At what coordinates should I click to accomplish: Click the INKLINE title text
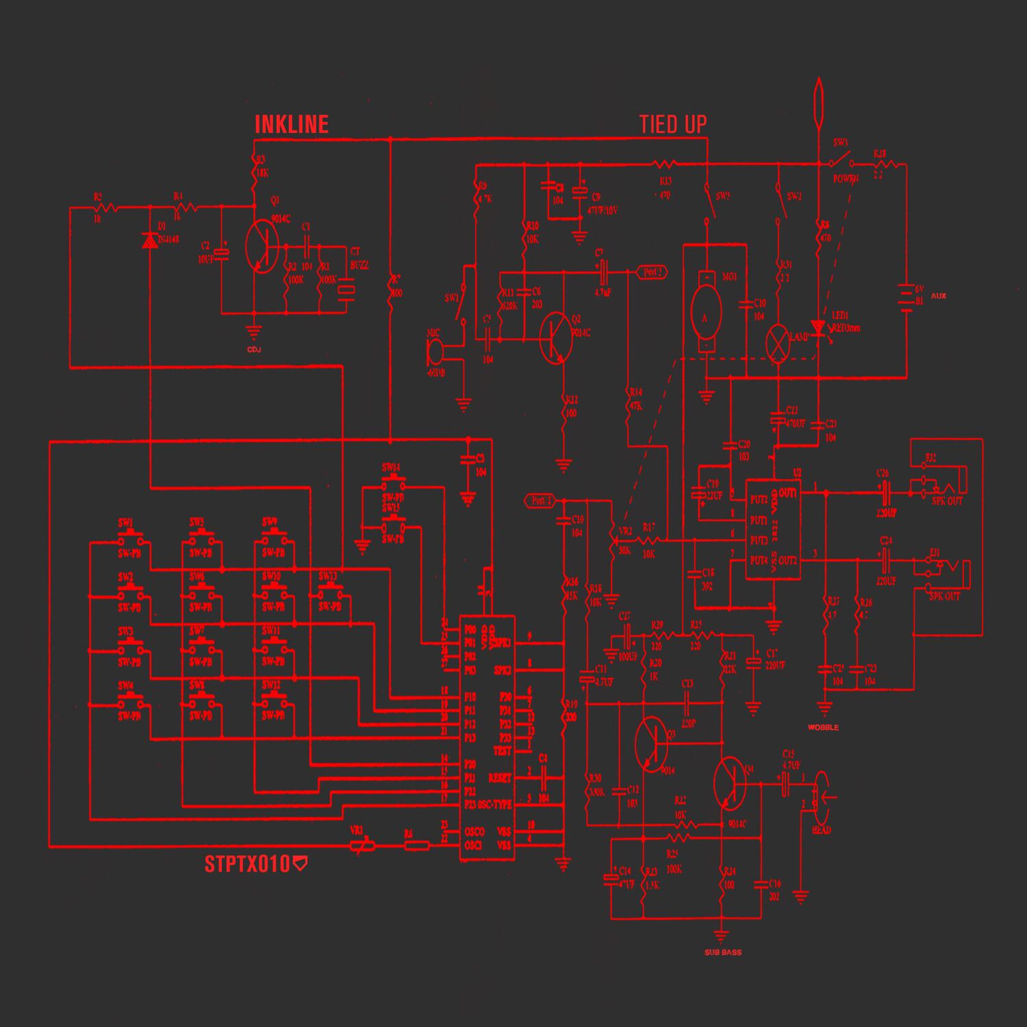(x=292, y=124)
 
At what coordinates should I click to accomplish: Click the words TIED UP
(x=672, y=125)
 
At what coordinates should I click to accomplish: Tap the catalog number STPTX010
(x=248, y=865)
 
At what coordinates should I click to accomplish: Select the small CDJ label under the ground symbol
(x=255, y=350)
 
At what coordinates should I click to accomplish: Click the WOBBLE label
(x=823, y=727)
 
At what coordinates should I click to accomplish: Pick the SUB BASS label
(x=722, y=952)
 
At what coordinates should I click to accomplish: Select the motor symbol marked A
(x=705, y=317)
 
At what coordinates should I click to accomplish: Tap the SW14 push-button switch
(x=392, y=478)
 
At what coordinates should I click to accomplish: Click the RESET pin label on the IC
(x=500, y=778)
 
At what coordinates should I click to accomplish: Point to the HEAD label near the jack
(x=821, y=831)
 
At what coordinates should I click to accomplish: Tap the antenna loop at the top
(x=819, y=103)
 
